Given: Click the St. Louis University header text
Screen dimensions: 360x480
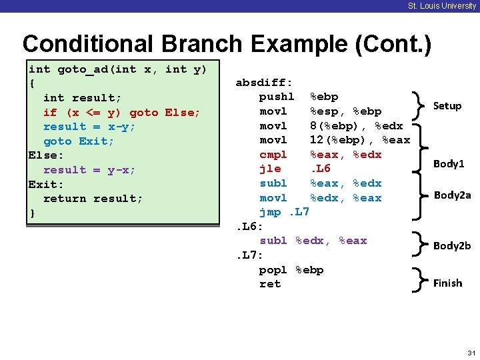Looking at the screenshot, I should tap(442, 6).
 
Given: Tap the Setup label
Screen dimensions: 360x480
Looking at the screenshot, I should tap(447, 106).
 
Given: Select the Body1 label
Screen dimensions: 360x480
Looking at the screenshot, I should tap(449, 164).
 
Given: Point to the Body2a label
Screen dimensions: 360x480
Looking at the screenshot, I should tap(452, 195).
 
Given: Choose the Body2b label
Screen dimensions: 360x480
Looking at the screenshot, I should tap(452, 245).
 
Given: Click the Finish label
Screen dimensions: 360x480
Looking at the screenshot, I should tap(447, 283).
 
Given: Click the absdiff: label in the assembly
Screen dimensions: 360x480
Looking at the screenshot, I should tap(264, 83).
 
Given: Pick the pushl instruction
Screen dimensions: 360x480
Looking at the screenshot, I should tap(277, 97).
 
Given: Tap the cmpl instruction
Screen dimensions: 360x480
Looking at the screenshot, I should tap(273, 155).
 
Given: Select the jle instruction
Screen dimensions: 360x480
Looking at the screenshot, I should tap(270, 169).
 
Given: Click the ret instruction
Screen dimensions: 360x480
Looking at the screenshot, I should tap(270, 284).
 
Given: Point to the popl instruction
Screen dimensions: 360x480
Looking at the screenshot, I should tap(273, 270).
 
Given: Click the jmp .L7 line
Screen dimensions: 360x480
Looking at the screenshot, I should tap(285, 212).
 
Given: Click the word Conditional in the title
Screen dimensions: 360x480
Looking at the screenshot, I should tap(84, 44).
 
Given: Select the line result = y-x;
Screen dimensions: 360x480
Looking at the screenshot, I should tap(89, 170).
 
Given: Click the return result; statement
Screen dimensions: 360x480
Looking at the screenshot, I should tap(93, 199).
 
